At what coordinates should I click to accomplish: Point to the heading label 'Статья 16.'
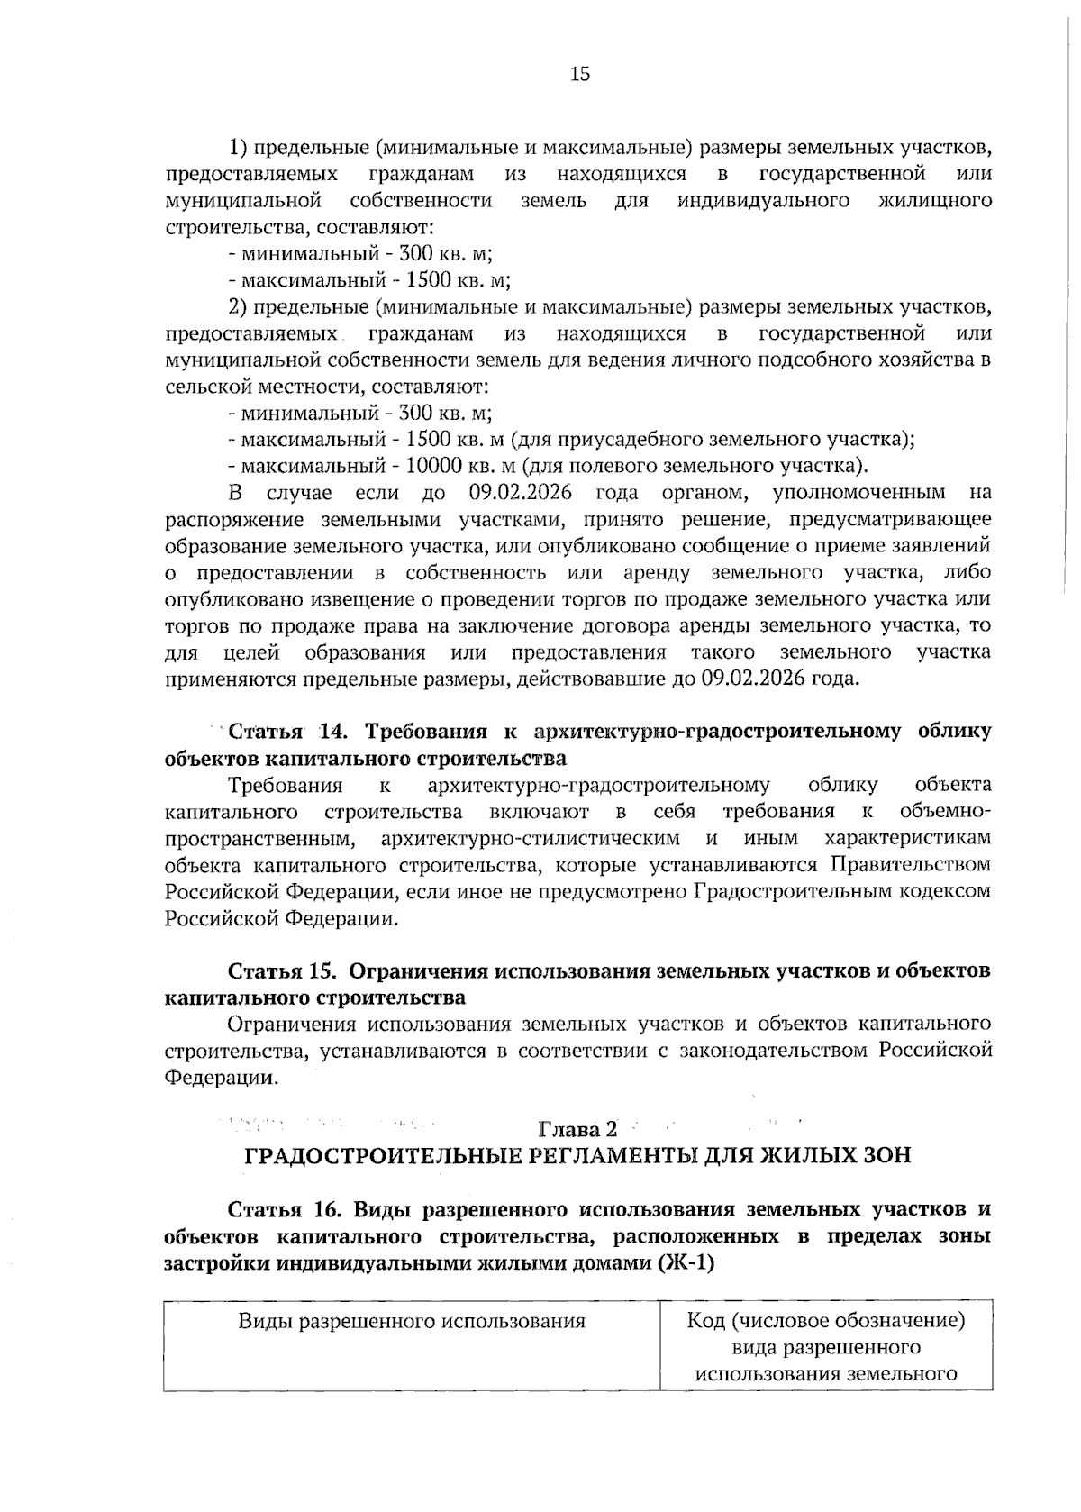click(284, 1209)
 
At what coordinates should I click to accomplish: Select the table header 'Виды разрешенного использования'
click(412, 1322)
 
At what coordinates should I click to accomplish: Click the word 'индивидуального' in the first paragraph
click(764, 199)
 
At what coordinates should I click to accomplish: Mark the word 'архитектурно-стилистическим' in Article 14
click(530, 838)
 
